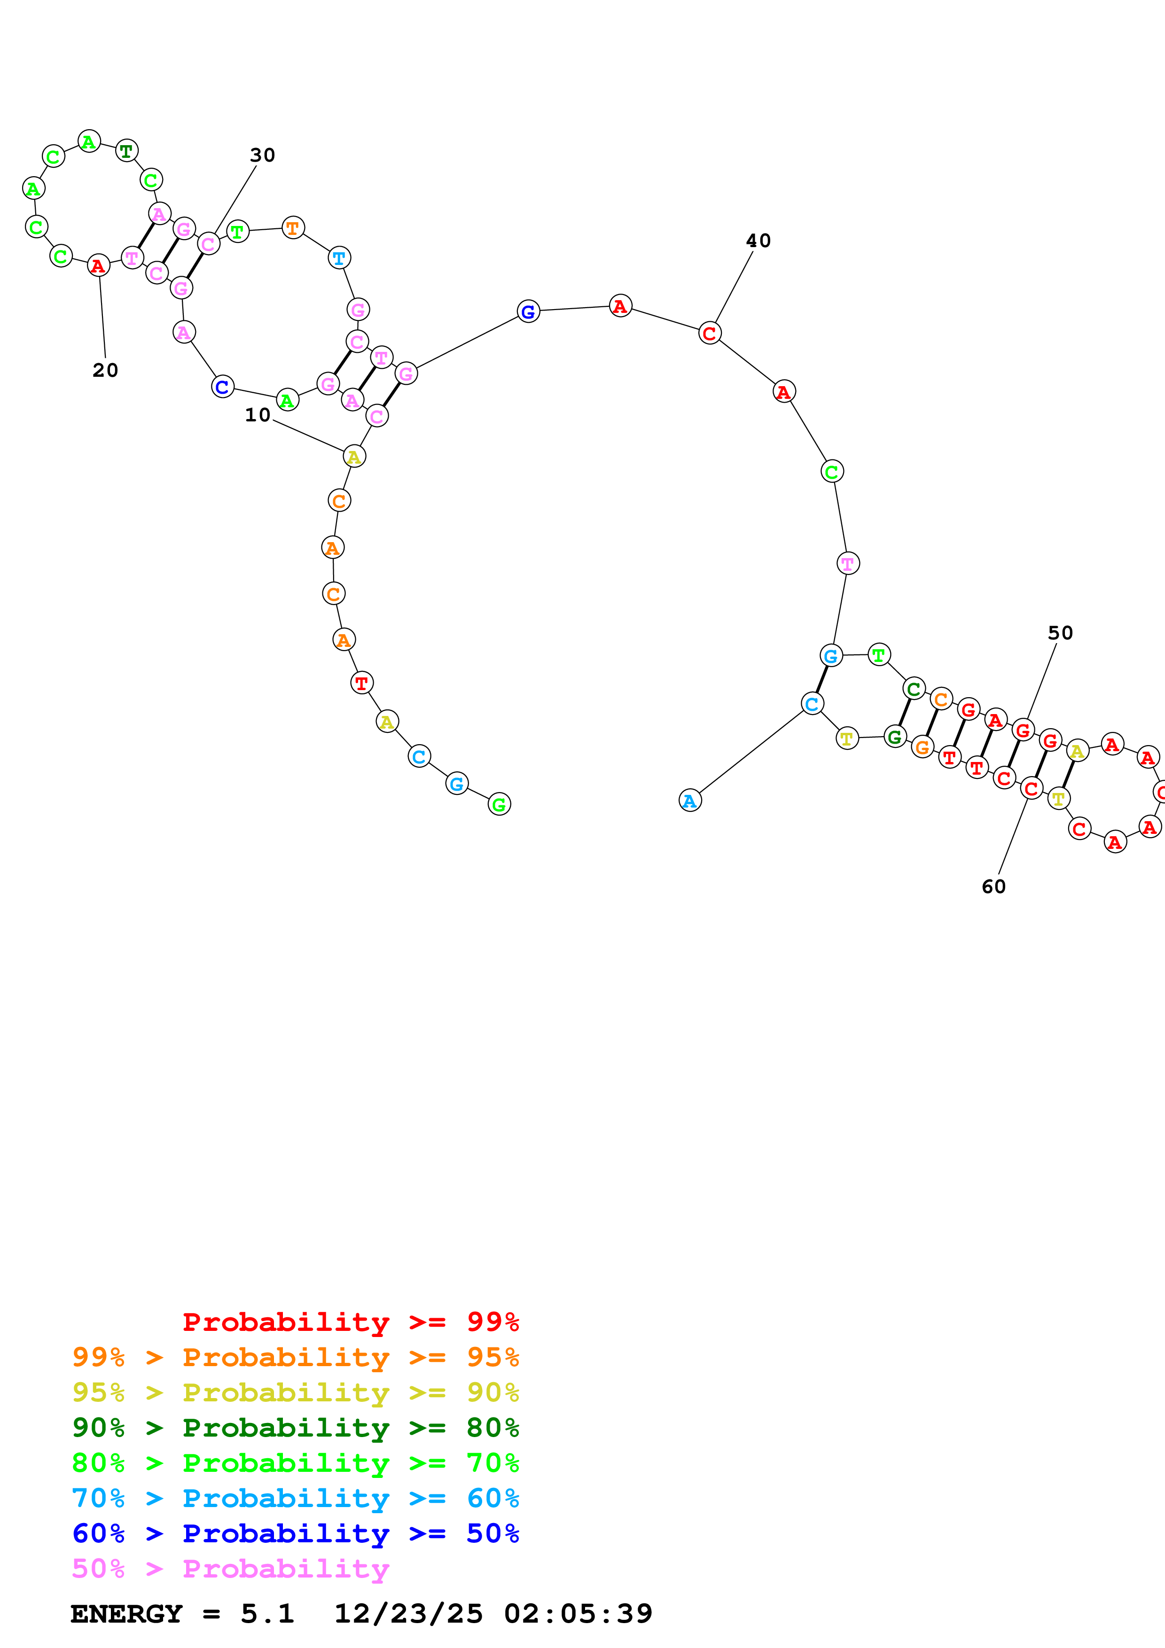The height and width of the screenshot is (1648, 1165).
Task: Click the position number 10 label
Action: (258, 415)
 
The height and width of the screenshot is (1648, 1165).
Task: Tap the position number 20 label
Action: (105, 370)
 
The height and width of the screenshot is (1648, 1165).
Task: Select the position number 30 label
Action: (263, 155)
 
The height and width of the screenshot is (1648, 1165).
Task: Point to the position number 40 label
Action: (758, 241)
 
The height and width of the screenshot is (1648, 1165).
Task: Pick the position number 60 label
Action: (993, 886)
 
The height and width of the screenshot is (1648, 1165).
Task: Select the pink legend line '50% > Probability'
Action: (230, 1569)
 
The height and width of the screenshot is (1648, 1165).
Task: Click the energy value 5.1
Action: (267, 1614)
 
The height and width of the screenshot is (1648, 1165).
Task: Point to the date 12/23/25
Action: (408, 1614)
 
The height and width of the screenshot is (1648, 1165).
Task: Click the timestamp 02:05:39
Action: (578, 1614)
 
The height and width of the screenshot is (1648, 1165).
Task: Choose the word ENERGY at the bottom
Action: (126, 1614)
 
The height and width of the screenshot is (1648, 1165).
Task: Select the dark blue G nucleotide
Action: (528, 311)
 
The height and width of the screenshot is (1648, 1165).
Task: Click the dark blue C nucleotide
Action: (222, 387)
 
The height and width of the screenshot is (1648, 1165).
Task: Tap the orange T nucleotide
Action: (293, 228)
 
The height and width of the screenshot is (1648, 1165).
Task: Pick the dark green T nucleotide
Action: (126, 151)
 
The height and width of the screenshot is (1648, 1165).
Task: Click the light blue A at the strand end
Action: (690, 801)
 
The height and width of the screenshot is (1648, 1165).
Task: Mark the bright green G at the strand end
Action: (499, 805)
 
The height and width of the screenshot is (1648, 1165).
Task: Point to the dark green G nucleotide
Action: (894, 737)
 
